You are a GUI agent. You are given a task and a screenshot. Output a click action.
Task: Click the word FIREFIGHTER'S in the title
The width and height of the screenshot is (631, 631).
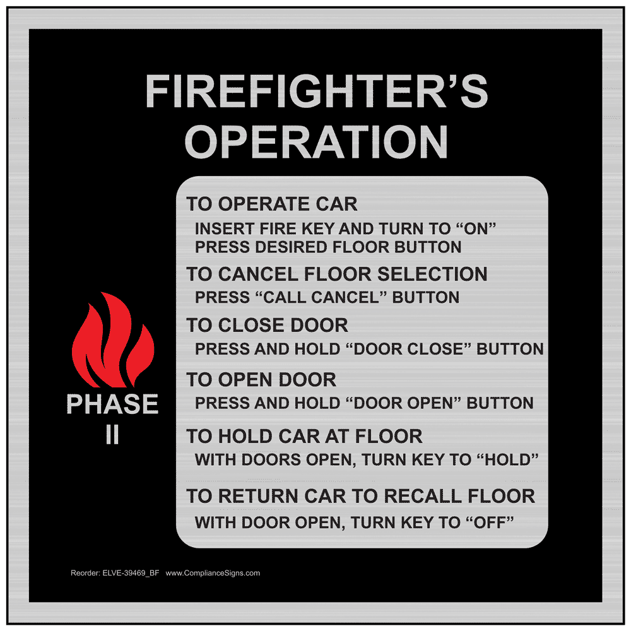[x=316, y=92]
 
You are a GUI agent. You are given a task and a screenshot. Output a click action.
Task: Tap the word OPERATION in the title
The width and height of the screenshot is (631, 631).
[x=316, y=141]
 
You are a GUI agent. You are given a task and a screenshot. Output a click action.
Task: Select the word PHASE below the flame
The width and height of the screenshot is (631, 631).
[x=112, y=404]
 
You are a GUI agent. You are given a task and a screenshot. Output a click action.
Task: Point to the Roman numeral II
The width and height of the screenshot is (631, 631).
[x=112, y=435]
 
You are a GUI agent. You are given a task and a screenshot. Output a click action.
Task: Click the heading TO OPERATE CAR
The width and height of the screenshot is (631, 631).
[x=271, y=204]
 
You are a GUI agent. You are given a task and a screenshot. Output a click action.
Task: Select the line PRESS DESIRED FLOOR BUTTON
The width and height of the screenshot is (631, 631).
[x=327, y=247]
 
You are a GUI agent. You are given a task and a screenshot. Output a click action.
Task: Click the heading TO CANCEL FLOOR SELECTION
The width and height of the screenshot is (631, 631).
[x=336, y=274]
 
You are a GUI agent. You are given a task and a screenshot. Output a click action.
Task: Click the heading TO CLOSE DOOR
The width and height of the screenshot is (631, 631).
[x=267, y=326]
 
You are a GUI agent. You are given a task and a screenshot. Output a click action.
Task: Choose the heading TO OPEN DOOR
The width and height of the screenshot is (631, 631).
[x=261, y=380]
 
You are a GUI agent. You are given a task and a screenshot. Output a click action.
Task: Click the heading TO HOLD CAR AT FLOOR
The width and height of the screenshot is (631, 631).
[x=304, y=436]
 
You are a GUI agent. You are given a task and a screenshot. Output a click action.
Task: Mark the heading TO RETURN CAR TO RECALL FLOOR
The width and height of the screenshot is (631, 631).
[x=360, y=496]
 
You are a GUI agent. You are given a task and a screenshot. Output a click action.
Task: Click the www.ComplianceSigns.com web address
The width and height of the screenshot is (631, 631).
[x=213, y=573]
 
